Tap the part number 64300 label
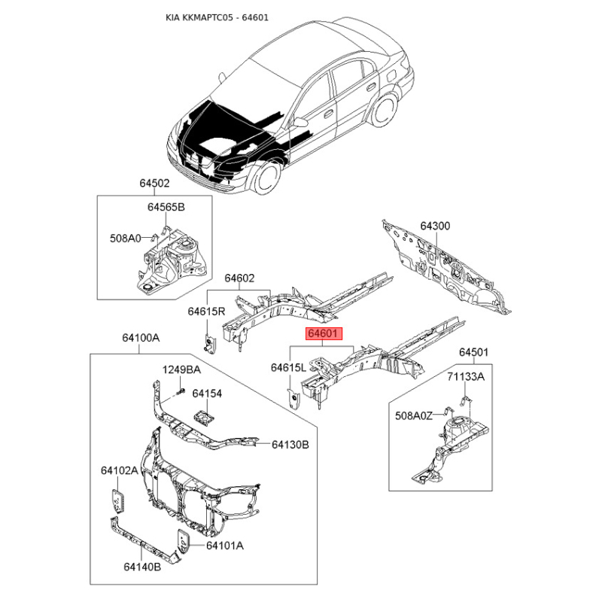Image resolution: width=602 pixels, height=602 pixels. point(435,226)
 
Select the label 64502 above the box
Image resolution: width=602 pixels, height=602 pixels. point(154,183)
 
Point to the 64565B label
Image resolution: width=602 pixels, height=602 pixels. point(166,207)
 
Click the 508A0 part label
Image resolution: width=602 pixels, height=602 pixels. point(125,239)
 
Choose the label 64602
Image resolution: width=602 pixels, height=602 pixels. point(239,278)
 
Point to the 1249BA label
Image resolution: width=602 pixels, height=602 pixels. point(182,369)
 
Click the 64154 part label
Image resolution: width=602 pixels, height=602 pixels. point(207,393)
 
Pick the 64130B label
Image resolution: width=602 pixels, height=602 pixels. point(290,445)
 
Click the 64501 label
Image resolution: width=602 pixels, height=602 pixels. point(474,352)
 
